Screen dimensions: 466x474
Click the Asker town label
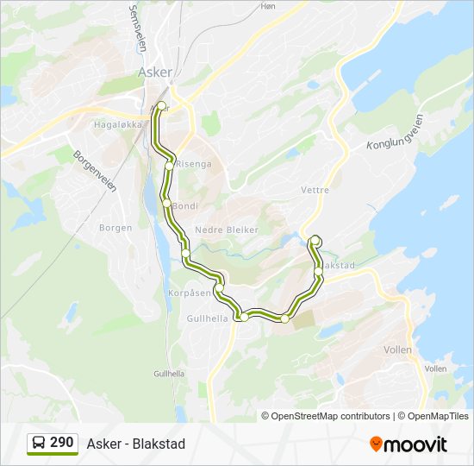point(155,72)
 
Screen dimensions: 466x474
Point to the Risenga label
point(193,164)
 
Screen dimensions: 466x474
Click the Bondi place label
point(185,206)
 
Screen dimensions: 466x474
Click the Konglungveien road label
point(395,132)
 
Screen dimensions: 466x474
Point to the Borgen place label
point(115,228)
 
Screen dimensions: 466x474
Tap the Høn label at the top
point(268,6)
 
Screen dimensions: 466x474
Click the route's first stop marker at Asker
point(161,106)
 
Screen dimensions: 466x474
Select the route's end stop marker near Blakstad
point(315,241)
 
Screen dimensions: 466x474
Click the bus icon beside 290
point(39,444)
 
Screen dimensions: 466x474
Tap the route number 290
point(62,443)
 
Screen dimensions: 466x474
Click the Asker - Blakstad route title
point(135,444)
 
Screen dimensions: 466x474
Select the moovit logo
point(409,444)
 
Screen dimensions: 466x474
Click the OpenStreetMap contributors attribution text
point(326,416)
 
